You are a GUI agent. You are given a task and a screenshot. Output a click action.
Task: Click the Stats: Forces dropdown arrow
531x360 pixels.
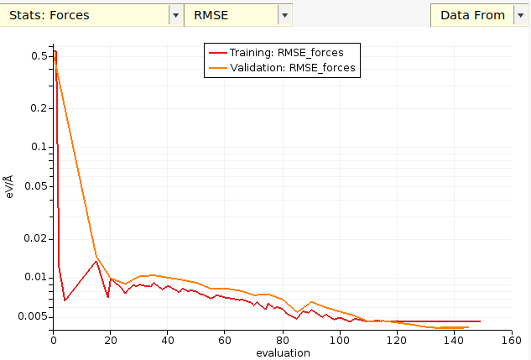[x=175, y=14]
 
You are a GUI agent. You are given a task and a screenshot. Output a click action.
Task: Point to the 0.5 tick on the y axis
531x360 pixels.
[x=39, y=56]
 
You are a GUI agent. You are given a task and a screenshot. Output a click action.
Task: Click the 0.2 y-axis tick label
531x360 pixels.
[x=39, y=108]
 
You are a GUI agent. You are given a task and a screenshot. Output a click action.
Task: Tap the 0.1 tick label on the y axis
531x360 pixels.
[x=39, y=147]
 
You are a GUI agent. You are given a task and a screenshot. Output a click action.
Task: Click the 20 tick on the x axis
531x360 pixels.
[x=111, y=341]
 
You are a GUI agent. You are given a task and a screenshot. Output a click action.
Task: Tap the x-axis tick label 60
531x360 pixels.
[x=225, y=341]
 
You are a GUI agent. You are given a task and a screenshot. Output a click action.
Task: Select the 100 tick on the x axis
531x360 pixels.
[x=340, y=341]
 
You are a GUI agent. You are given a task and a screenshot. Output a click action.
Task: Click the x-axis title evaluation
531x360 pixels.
[x=283, y=353]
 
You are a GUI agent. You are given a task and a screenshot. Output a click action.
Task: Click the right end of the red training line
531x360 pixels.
[x=480, y=321]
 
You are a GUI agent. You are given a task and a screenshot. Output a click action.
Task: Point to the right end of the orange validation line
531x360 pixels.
[x=468, y=327]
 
